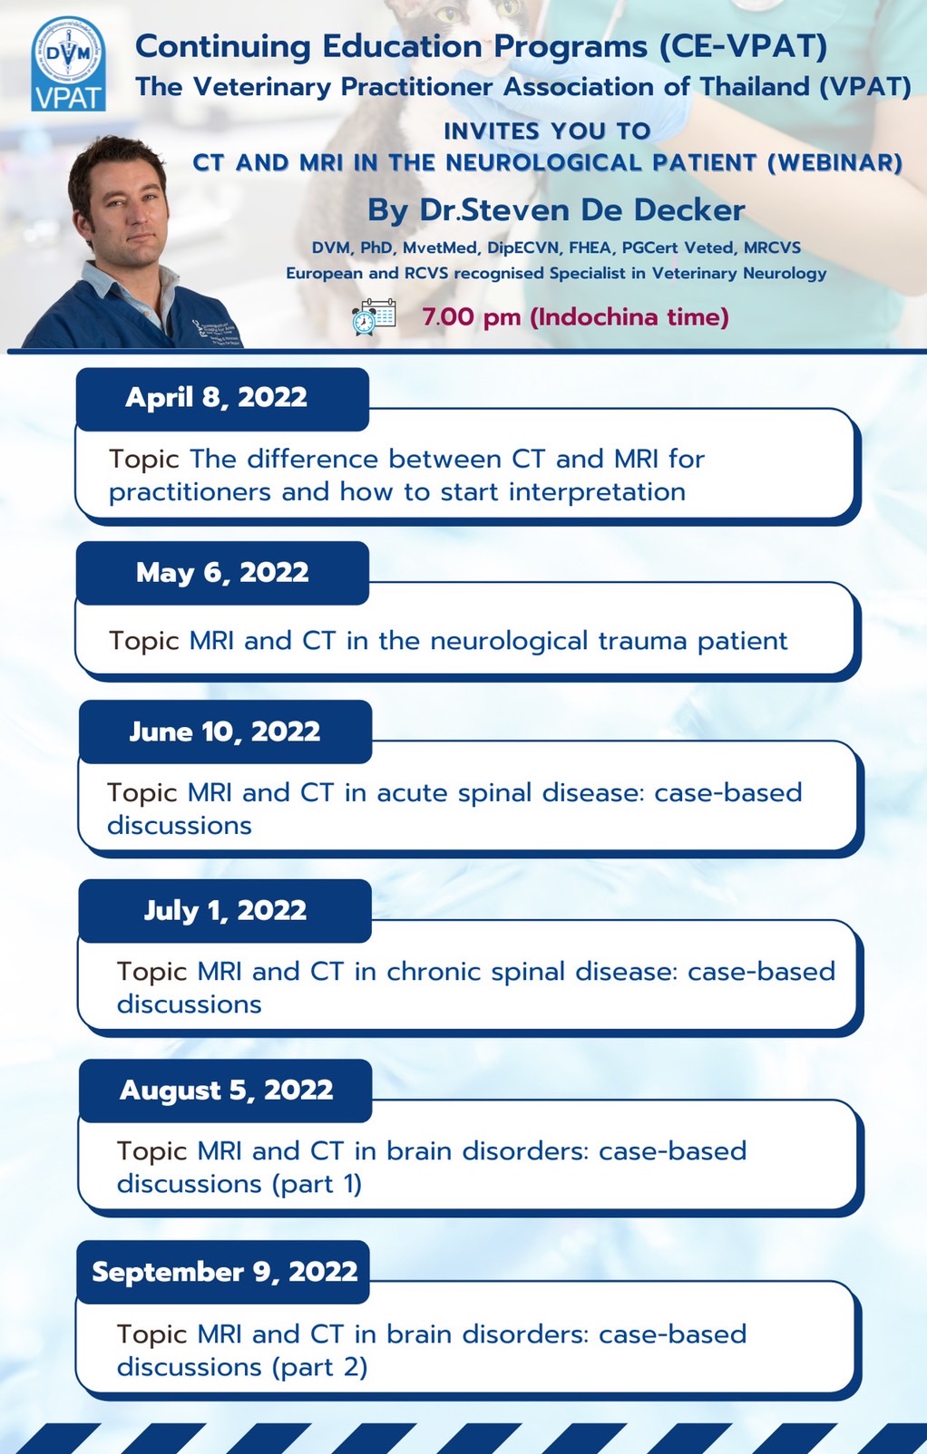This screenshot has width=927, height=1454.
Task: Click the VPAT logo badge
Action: coord(68,63)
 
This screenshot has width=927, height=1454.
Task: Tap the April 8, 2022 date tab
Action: coord(222,399)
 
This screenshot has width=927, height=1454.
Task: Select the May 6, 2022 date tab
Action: coord(222,573)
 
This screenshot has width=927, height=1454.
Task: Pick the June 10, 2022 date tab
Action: coord(225,732)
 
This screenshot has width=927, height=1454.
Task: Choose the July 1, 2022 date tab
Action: coord(225,911)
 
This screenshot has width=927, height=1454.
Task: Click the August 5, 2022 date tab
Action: coord(226,1090)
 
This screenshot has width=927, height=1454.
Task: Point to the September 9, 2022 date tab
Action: coord(223,1272)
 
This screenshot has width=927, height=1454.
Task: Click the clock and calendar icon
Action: coord(374,316)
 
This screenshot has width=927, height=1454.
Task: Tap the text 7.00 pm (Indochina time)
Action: coord(575,317)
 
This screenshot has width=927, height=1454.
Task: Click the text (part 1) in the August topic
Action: coord(317,1184)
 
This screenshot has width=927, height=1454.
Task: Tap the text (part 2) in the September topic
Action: coord(319,1367)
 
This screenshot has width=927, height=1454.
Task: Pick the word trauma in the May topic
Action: coord(642,641)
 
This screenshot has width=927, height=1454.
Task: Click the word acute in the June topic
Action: coord(412,793)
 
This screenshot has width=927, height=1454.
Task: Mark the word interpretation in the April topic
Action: coord(597,492)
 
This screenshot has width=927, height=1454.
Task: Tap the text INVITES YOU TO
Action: coord(547,131)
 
